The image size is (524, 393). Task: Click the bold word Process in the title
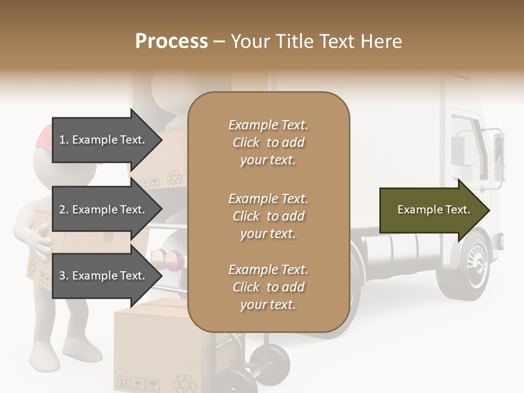tap(171, 41)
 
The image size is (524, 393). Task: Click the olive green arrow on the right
tap(434, 210)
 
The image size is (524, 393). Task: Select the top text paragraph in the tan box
tap(269, 142)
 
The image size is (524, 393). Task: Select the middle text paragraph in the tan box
tap(269, 216)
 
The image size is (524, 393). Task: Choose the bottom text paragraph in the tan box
tap(269, 287)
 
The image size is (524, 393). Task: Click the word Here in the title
tap(382, 41)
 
